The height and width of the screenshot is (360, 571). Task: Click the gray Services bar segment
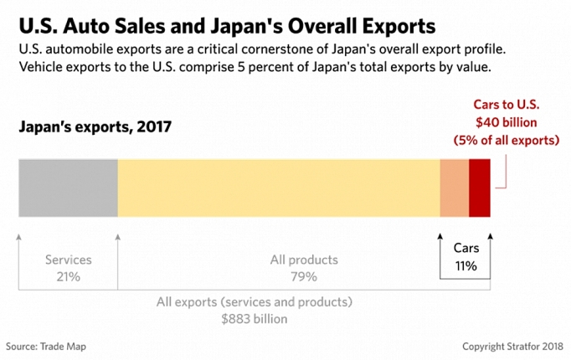[68, 187]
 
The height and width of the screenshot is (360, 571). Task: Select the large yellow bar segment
[279, 187]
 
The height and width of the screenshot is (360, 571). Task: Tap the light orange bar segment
[455, 187]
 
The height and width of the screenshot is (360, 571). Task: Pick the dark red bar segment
[480, 187]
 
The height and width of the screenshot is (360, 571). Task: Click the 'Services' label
[69, 260]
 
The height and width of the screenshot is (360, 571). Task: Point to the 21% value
[69, 276]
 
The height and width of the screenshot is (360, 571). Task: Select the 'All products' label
[304, 260]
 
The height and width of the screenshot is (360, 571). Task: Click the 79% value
[304, 276]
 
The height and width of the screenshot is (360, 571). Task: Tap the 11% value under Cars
[466, 267]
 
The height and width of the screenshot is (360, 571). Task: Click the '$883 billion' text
[255, 318]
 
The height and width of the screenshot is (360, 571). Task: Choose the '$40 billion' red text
[506, 122]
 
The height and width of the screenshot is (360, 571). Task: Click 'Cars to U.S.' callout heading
[507, 105]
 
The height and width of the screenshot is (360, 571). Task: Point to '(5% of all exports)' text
[507, 140]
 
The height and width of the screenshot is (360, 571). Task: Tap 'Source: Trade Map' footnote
[46, 346]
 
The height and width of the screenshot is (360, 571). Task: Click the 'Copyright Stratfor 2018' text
[512, 346]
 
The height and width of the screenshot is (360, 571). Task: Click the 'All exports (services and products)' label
[255, 301]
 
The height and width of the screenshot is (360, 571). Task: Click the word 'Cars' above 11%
[466, 249]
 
